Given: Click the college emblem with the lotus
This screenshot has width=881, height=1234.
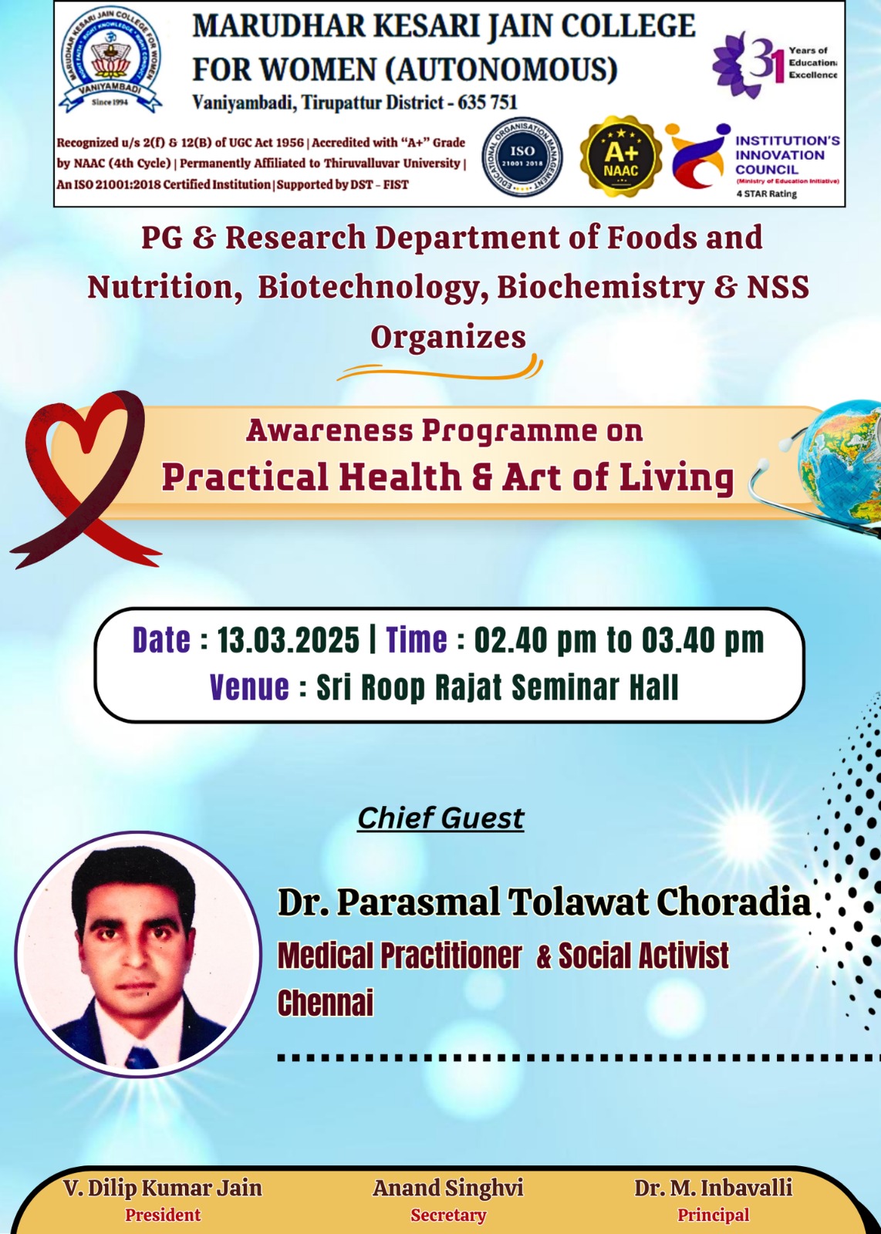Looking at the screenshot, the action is click(x=111, y=60).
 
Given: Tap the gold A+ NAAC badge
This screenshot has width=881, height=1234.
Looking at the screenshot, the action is click(x=620, y=157).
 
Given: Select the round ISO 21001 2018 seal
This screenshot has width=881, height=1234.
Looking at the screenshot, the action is click(x=522, y=157).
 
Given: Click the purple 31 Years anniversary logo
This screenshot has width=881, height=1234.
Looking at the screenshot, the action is click(x=774, y=64).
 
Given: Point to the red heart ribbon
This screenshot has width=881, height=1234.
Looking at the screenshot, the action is click(x=83, y=478).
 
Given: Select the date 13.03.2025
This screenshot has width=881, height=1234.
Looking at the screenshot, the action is click(x=288, y=640).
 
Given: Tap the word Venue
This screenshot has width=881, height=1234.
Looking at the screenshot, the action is click(x=249, y=687).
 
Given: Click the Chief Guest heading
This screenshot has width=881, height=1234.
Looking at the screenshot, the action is click(x=440, y=818).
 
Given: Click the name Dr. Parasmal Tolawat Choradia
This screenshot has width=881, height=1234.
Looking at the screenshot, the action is click(x=545, y=902).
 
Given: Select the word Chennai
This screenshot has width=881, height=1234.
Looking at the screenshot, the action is click(x=325, y=1002).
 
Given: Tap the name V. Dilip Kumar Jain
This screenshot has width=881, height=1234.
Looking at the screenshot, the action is click(x=163, y=1188).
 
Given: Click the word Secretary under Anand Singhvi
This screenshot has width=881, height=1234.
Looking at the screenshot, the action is click(x=448, y=1215).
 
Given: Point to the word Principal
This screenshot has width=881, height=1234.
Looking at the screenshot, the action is click(x=714, y=1215).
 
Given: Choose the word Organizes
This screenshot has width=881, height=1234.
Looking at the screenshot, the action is click(x=448, y=336).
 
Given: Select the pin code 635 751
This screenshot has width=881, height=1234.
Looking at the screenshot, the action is click(x=488, y=102).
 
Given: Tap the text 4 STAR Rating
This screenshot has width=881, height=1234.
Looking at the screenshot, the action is click(x=766, y=194).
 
